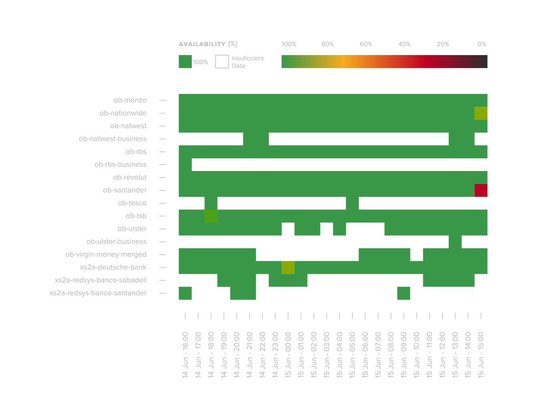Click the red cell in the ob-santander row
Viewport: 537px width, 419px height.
coord(481,190)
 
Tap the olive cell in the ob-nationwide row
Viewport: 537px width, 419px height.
coord(481,113)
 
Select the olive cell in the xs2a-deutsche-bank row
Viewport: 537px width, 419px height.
coord(288,268)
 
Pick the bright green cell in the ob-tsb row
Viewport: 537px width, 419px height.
coord(211,216)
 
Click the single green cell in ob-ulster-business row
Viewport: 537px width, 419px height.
coord(455,242)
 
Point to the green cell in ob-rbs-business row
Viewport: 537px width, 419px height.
coord(185,165)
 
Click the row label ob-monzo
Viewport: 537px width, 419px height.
coord(130,100)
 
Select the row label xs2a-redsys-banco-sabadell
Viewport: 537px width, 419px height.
coord(101,280)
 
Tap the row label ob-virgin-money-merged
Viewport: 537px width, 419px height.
coord(106,254)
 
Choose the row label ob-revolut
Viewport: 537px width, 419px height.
coord(130,177)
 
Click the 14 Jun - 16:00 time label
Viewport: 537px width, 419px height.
coord(185,355)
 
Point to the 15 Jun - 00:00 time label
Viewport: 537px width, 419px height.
coord(288,355)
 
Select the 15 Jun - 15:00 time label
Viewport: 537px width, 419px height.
coord(481,355)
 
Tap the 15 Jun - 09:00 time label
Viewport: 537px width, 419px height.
coord(404,355)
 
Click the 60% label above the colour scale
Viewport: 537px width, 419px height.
coord(366,44)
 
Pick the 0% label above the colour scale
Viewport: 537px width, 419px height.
coord(482,44)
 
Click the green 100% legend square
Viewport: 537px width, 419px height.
coord(185,62)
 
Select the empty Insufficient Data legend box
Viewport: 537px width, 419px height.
coord(222,62)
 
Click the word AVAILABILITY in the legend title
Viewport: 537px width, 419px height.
coord(202,44)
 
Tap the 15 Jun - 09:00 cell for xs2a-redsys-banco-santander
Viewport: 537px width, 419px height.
coord(404,293)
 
